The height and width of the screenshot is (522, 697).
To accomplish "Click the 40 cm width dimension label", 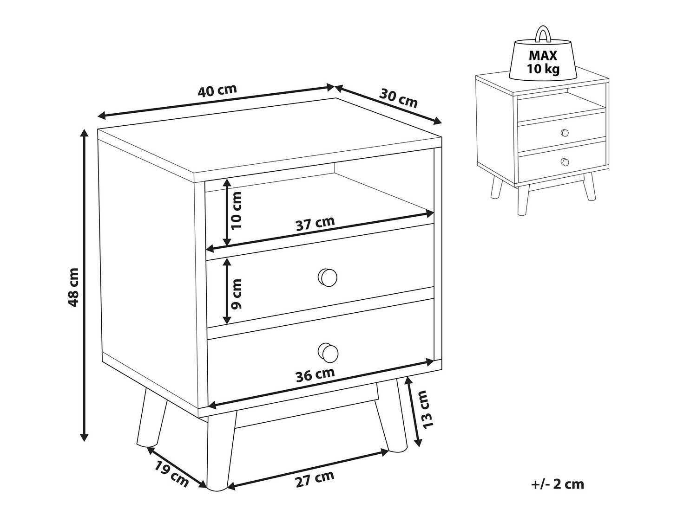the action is pyautogui.click(x=217, y=90).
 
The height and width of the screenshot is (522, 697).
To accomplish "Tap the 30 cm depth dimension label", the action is pyautogui.click(x=398, y=98).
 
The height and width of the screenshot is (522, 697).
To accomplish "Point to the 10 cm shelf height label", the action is pyautogui.click(x=237, y=210).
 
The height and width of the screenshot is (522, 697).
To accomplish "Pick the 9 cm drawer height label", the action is pyautogui.click(x=237, y=294).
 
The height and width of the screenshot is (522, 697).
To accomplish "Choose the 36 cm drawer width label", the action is pyautogui.click(x=315, y=375).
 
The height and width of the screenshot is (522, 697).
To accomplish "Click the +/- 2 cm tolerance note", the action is pyautogui.click(x=557, y=493).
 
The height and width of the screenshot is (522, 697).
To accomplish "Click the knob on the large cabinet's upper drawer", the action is pyautogui.click(x=328, y=277).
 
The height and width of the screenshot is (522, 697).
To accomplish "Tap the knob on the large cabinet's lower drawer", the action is pyautogui.click(x=328, y=352).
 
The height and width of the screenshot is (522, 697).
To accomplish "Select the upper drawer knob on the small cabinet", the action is pyautogui.click(x=564, y=133).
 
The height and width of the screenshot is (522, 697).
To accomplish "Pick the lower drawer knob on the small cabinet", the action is pyautogui.click(x=565, y=162).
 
